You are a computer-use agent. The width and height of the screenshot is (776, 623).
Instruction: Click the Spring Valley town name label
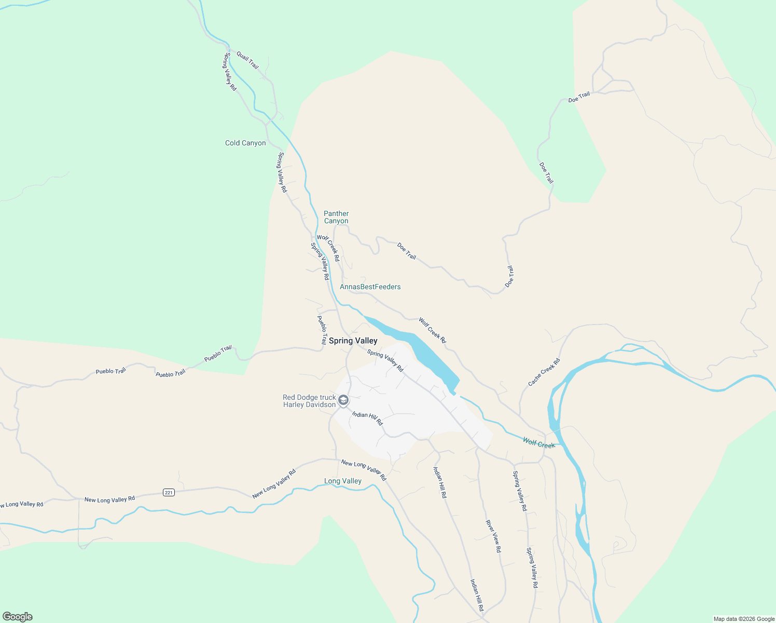point(353,341)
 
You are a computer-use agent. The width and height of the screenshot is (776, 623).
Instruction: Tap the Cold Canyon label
point(245,143)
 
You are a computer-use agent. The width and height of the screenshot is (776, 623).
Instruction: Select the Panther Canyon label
point(336,217)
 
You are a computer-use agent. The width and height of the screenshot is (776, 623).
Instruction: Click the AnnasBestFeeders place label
point(370,287)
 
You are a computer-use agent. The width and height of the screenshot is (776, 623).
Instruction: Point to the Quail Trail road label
point(247,60)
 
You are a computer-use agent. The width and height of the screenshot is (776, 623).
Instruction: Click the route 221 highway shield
point(168,492)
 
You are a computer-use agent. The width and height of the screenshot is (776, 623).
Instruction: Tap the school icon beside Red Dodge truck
point(343,400)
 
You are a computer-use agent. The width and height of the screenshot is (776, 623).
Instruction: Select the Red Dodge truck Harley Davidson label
point(309,401)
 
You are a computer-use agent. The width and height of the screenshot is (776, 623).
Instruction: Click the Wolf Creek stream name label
point(538,443)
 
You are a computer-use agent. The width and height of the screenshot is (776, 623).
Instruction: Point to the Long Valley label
point(343,481)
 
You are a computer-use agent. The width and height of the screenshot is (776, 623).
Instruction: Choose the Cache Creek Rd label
point(544,372)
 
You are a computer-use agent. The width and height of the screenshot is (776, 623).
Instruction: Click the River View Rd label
point(493,536)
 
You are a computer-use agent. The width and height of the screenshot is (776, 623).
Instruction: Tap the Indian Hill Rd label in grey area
point(367,418)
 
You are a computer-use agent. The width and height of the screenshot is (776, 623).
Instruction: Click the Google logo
point(18,617)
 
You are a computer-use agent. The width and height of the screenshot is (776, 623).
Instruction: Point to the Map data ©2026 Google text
point(744,619)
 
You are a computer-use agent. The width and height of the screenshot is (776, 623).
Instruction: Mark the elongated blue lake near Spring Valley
point(415,345)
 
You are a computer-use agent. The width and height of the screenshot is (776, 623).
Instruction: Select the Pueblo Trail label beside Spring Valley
point(322,330)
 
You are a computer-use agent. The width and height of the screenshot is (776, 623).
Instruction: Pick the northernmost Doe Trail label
point(579,97)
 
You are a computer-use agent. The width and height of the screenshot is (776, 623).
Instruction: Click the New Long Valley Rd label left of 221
point(109,499)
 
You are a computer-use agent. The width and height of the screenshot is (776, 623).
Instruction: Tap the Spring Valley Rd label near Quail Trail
point(230,72)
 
